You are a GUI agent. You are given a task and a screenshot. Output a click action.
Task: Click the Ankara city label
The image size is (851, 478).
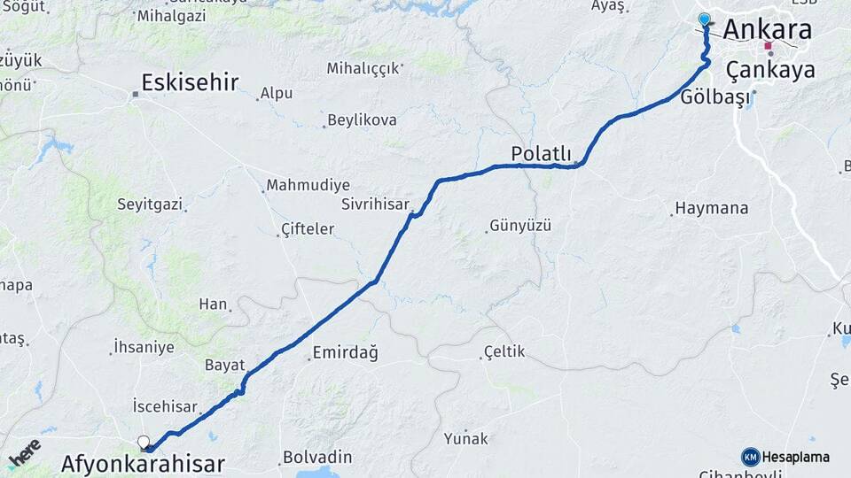(x=767, y=29)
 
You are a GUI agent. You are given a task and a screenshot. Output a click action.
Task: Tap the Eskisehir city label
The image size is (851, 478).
(x=190, y=83)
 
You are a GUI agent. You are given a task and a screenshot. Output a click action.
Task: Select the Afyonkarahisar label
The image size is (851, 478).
(x=143, y=463)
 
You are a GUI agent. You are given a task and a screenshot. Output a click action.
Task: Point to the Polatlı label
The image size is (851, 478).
(x=541, y=154)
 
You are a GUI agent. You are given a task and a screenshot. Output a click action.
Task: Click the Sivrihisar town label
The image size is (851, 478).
(x=375, y=204)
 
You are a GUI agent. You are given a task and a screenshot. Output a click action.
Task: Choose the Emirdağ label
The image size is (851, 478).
(x=345, y=354)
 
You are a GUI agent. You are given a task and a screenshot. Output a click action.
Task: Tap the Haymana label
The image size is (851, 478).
(x=711, y=209)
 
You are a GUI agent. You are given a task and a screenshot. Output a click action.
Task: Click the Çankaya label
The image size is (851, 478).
(x=769, y=70)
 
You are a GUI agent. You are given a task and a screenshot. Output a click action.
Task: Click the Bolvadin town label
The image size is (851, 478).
(x=317, y=458)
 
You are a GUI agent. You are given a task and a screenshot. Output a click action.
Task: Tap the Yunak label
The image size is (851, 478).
(x=466, y=437)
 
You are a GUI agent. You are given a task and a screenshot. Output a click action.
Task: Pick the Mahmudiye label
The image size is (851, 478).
(x=308, y=185)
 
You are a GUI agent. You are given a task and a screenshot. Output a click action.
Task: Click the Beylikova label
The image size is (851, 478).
(x=362, y=119)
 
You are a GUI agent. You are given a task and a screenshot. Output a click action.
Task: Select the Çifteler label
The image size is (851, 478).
(x=307, y=229)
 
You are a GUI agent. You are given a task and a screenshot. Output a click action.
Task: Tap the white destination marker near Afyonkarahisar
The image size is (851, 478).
(x=144, y=442)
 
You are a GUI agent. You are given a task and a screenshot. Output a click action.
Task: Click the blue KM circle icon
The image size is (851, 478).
(x=750, y=457)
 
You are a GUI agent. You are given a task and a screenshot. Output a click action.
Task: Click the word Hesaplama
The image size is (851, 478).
(x=795, y=458)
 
